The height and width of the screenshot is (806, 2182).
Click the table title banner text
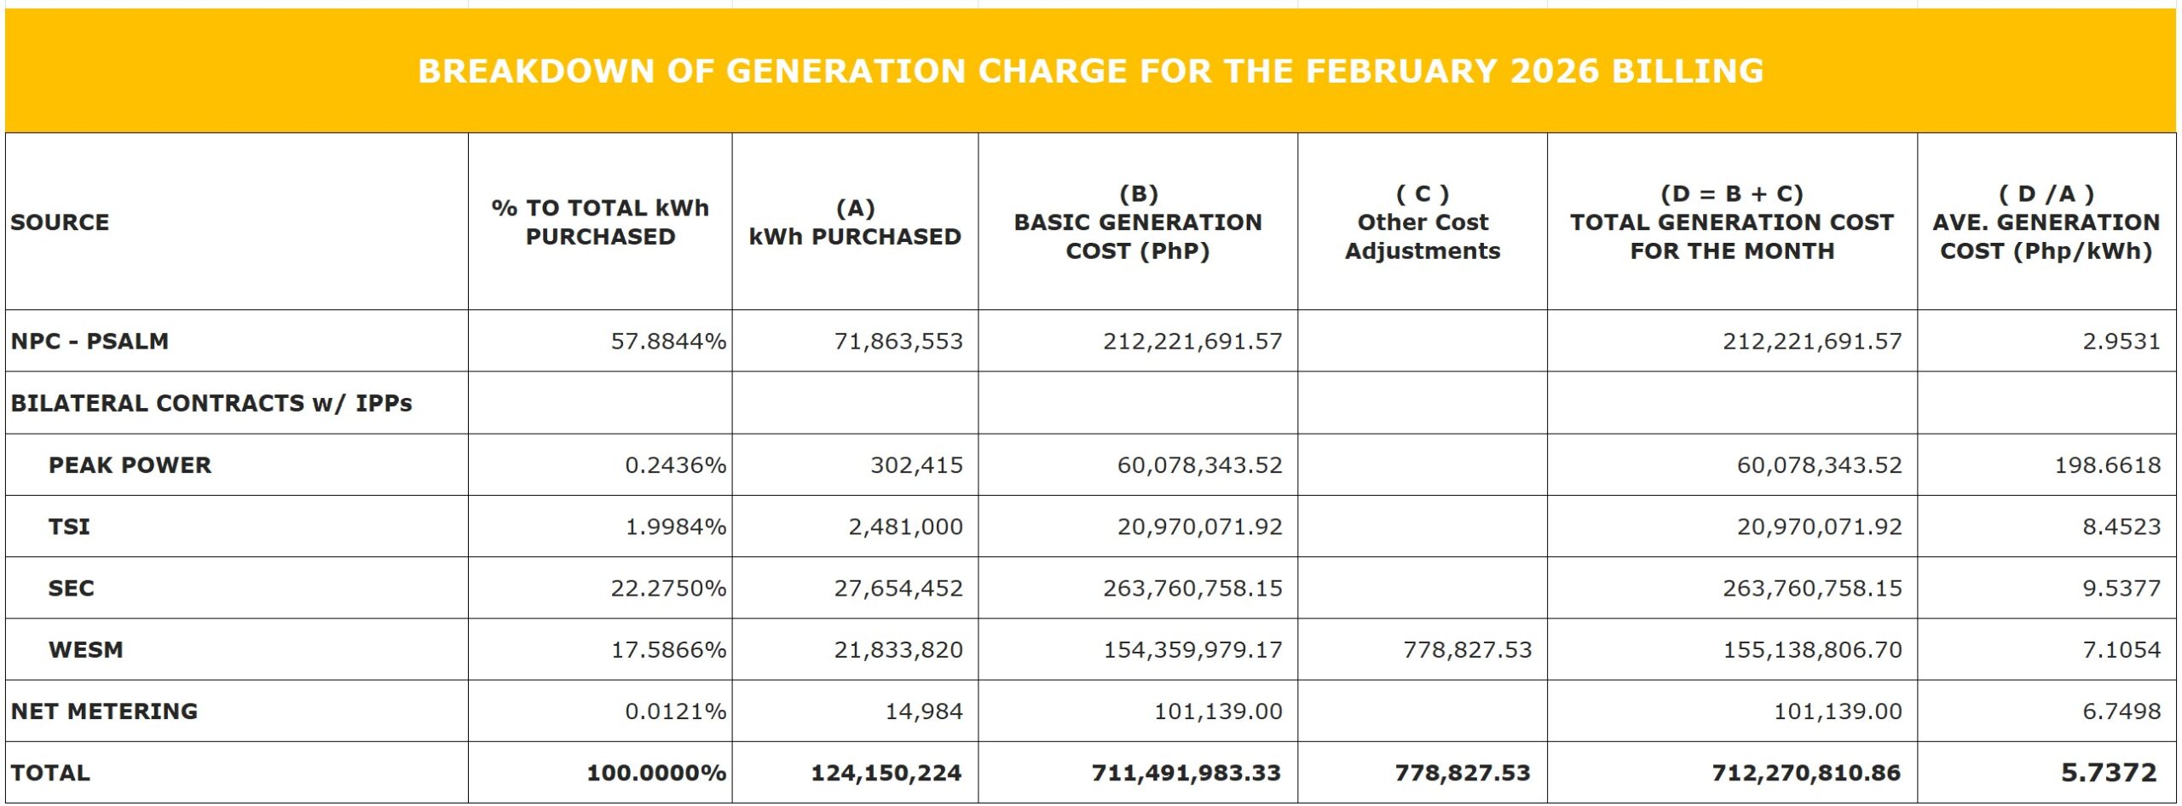pyautogui.click(x=1090, y=71)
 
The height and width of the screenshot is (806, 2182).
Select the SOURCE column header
pyautogui.click(x=60, y=222)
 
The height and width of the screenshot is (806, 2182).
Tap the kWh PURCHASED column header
pyautogui.click(x=855, y=222)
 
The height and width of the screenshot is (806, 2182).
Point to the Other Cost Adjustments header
pyautogui.click(x=1422, y=222)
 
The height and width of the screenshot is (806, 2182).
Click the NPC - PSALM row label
pyautogui.click(x=89, y=341)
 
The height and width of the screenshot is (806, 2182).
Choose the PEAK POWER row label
pyautogui.click(x=130, y=465)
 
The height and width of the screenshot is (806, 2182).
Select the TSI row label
pyautogui.click(x=69, y=527)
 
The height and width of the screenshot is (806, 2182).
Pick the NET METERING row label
pyautogui.click(x=104, y=711)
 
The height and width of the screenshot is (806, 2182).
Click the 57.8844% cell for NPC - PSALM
pyautogui.click(x=668, y=342)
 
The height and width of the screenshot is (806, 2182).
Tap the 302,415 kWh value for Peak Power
pyautogui.click(x=916, y=465)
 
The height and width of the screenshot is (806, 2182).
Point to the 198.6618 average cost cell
pyautogui.click(x=2107, y=465)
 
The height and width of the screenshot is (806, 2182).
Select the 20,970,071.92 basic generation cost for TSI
pyautogui.click(x=1199, y=527)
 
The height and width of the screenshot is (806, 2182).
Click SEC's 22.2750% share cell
pyautogui.click(x=668, y=588)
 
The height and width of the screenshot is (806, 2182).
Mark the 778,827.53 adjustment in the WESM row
pyautogui.click(x=1467, y=650)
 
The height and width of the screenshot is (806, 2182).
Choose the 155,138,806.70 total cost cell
pyautogui.click(x=1812, y=650)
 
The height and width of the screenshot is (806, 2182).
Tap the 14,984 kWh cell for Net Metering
pyautogui.click(x=924, y=711)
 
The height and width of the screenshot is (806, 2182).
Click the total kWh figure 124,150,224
pyautogui.click(x=886, y=773)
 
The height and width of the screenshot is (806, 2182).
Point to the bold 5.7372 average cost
pyautogui.click(x=2108, y=773)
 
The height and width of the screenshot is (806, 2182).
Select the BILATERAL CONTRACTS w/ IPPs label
pyautogui.click(x=211, y=403)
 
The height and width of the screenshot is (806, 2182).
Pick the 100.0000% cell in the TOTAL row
pyautogui.click(x=656, y=773)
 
